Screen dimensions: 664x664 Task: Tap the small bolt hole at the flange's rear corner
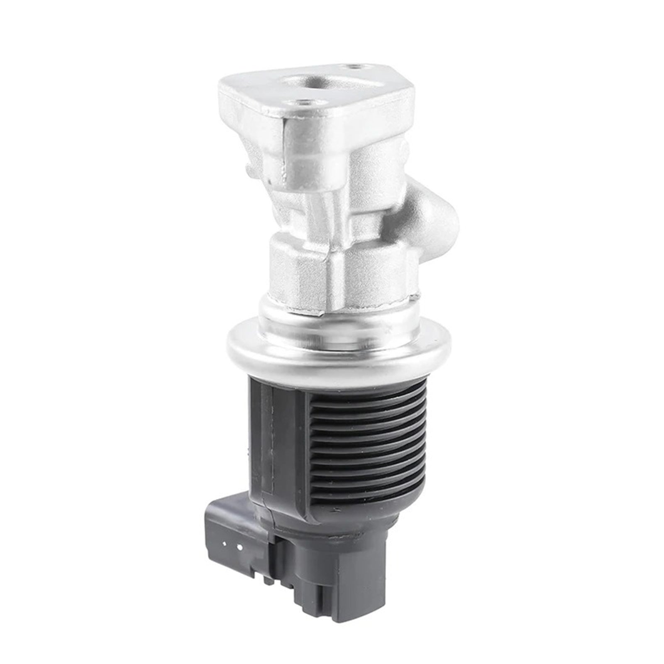pos(353,66)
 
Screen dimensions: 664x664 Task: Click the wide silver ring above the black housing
pos(332,353)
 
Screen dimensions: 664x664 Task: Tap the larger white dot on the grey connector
pos(239,547)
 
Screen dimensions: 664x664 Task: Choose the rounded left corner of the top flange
pos(226,89)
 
